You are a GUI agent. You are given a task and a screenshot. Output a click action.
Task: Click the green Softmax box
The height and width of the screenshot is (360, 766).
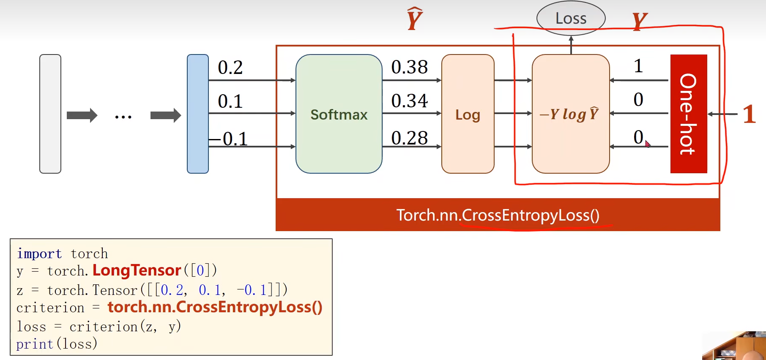point(339,114)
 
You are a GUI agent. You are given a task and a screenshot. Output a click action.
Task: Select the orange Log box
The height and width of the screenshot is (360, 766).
point(468,114)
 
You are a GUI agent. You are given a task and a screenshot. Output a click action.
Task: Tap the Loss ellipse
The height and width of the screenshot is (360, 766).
point(571,19)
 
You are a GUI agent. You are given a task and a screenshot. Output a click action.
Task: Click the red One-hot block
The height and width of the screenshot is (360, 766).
point(688,114)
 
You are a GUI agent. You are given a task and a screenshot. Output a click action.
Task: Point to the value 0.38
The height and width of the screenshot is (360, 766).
point(409,67)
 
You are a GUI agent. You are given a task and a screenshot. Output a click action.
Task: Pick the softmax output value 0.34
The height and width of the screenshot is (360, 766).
point(409,101)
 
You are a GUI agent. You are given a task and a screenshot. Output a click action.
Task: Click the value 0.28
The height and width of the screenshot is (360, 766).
point(409,138)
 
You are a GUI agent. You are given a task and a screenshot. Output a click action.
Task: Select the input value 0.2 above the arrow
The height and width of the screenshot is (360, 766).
point(230,68)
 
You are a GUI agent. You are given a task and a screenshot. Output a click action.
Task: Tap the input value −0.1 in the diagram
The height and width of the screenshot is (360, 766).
point(228,139)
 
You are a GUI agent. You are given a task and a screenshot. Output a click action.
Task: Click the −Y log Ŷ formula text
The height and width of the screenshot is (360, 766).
point(569,114)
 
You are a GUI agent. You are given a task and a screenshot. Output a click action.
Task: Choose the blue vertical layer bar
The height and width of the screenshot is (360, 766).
point(198,114)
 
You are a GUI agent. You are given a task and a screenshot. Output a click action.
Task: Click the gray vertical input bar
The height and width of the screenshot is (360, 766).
point(50,114)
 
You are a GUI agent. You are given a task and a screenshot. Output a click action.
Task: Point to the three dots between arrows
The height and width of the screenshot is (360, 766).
point(123,117)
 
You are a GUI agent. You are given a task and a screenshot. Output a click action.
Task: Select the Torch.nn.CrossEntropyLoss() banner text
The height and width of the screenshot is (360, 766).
point(498,215)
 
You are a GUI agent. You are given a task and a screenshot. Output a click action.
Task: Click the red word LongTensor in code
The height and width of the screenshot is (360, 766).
point(137,270)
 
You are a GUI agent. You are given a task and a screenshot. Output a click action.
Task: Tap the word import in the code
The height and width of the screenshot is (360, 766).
point(39,254)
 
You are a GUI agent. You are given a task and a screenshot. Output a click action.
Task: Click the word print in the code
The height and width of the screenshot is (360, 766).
point(35,344)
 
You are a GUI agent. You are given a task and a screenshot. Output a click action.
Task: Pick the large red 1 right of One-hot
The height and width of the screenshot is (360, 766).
point(749,114)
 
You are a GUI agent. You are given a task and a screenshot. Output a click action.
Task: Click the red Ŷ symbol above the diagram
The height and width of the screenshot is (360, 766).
point(415,19)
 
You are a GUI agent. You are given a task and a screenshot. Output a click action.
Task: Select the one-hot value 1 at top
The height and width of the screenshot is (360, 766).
point(638,66)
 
